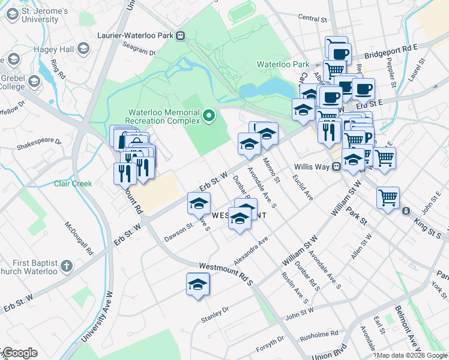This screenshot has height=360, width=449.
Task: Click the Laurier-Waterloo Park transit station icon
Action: coord(179,35)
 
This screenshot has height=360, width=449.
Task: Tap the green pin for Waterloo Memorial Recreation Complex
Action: coord(209,116)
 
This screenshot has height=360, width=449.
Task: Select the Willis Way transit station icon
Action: coord(337,167)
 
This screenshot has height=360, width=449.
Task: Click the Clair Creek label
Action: coord(73,184)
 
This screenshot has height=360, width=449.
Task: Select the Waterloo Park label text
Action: coord(283,64)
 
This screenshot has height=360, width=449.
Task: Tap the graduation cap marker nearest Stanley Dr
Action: coord(197,283)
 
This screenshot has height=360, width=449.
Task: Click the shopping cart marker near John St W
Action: coord(388,197)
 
